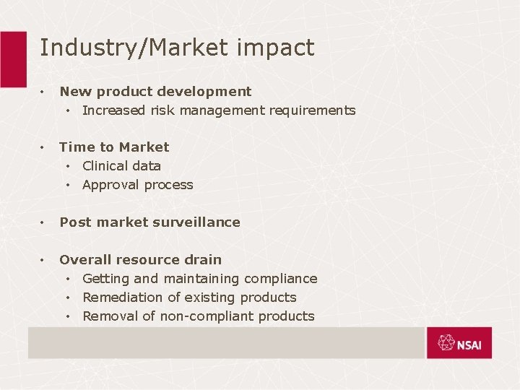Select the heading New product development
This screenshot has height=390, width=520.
155,92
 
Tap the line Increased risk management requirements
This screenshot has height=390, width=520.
219,110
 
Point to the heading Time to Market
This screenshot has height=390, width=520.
114,147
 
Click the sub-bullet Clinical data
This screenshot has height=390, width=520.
121,166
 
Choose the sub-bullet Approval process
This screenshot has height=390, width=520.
138,185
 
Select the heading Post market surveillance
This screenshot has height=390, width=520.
149,222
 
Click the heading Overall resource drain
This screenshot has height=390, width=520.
140,260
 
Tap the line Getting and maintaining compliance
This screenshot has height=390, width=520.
199,279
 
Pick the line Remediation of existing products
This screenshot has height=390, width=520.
189,298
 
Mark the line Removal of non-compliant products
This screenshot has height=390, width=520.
199,316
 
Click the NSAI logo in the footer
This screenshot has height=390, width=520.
459,344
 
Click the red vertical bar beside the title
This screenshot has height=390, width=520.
13,58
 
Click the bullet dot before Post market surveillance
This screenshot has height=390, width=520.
43,222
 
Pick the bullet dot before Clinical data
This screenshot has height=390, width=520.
67,166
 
